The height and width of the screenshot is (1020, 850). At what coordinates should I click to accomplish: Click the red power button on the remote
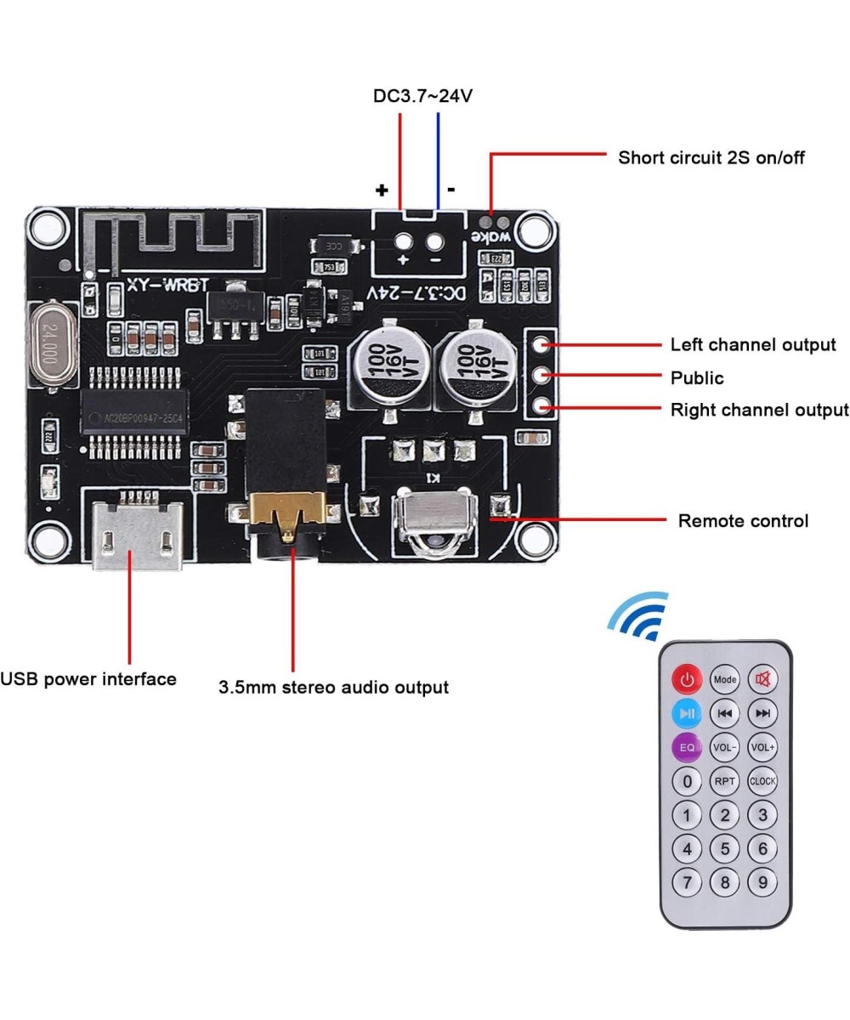687,679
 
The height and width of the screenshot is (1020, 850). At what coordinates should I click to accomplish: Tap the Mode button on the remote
725,679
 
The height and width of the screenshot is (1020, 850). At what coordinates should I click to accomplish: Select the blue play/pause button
687,713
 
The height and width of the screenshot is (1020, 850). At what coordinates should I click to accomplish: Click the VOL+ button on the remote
762,747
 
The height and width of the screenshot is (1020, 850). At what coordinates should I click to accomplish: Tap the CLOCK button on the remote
762,780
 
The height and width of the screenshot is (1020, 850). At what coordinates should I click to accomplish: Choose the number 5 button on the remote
725,847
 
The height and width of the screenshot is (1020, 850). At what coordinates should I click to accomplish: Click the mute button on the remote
762,679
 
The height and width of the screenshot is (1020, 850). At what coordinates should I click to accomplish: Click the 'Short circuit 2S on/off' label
711,157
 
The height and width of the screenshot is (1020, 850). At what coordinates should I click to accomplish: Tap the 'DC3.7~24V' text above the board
422,96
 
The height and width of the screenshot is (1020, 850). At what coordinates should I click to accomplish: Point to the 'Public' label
697,377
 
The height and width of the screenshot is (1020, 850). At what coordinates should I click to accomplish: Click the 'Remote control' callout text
743,520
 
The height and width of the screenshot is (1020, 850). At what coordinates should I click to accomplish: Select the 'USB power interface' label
88,678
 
